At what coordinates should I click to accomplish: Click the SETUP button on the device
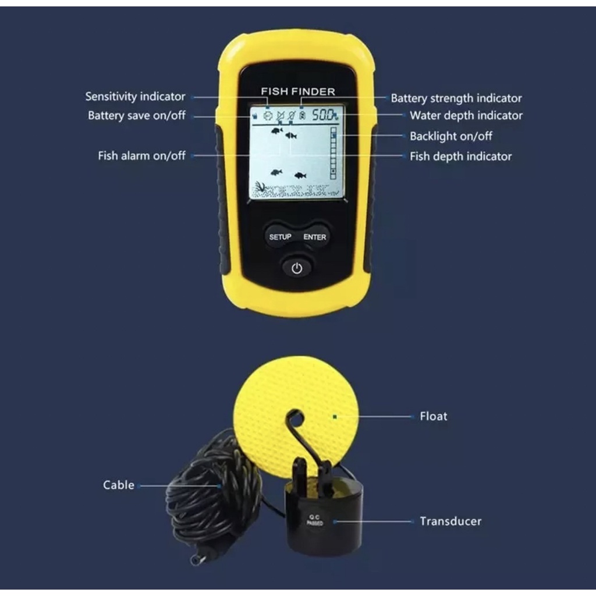(280, 237)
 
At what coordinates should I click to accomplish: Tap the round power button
(297, 268)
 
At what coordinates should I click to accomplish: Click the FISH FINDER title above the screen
(298, 91)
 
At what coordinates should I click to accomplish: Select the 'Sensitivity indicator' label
(135, 97)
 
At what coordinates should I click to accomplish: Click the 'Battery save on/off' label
(136, 116)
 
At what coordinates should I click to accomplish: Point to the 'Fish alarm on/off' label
(142, 156)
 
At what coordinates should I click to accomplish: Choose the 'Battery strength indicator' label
(456, 98)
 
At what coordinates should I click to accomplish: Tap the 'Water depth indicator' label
(466, 116)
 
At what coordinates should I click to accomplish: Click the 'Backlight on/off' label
(451, 136)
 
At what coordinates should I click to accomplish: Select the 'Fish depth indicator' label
(461, 156)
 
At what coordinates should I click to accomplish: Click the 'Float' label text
(433, 416)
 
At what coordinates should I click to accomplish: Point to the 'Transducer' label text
(450, 521)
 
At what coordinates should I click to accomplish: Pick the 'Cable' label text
(119, 485)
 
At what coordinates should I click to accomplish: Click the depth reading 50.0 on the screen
(324, 115)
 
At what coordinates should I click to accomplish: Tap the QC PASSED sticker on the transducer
(315, 520)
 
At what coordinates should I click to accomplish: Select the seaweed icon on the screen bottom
(261, 186)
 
